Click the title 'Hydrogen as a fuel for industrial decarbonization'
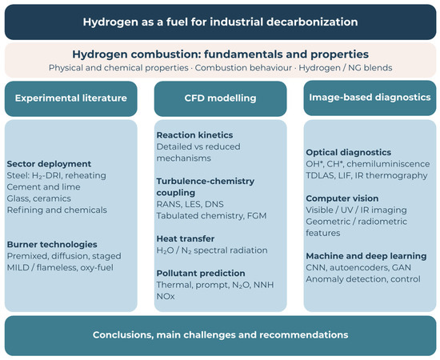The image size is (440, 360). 220,22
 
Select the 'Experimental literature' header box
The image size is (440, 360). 71,98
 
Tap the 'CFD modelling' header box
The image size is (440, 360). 220,98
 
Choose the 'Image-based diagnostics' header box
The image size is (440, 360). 370,98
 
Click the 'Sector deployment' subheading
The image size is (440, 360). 49,164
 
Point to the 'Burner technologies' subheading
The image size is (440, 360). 52,244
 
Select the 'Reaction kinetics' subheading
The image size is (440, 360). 194,135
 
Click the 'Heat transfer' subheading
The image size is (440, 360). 186,238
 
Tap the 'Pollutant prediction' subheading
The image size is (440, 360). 201,274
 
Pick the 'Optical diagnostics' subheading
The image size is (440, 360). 349,152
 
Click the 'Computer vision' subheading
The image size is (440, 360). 342,198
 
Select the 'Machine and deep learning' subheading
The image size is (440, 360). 366,256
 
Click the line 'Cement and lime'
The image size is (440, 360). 44,187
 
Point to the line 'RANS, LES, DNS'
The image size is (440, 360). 190,204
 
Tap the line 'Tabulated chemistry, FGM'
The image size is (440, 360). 211,216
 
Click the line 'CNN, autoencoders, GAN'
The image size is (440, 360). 358,268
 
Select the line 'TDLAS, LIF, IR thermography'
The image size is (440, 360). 366,175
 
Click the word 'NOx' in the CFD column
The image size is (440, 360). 166,296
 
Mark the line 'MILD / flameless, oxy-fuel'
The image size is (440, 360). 60,267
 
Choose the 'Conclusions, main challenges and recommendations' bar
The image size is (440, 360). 220,335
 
